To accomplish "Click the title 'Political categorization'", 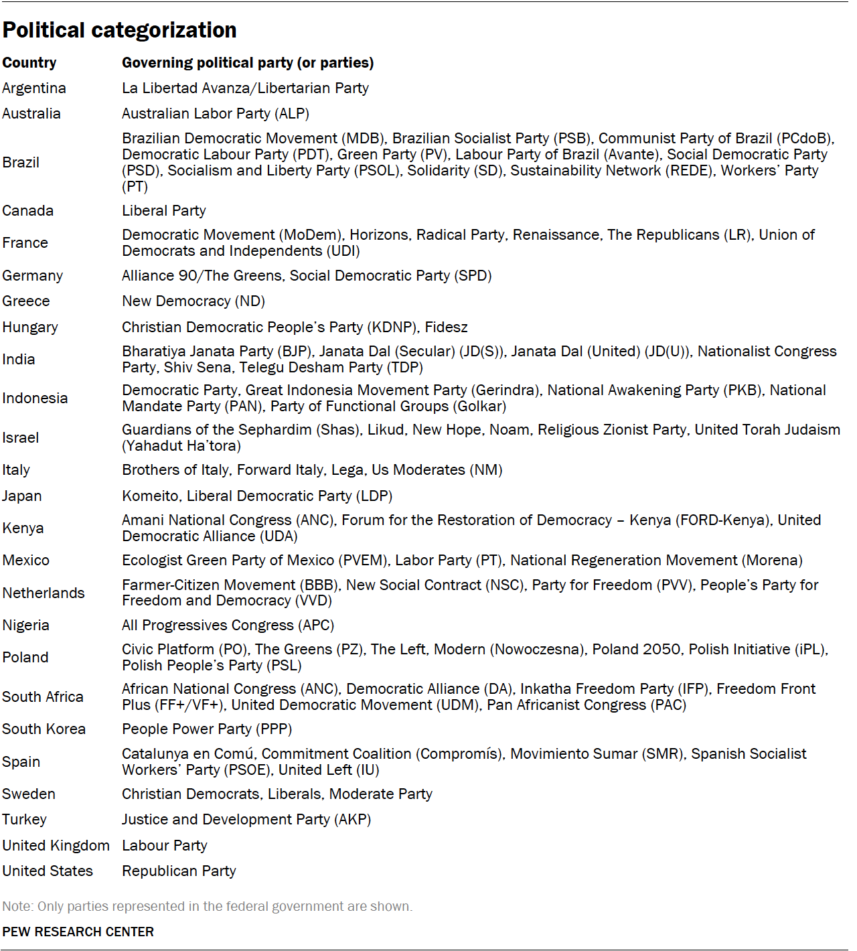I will (x=119, y=30).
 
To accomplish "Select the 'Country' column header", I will (x=29, y=63).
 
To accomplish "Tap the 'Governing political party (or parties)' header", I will (x=248, y=63).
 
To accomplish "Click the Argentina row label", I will (x=34, y=88).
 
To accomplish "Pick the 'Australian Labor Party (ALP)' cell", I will (x=216, y=114).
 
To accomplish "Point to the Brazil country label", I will (x=21, y=163).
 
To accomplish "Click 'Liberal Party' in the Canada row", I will (x=164, y=211).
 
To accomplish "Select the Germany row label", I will (x=32, y=276).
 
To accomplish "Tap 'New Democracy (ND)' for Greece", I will (x=193, y=301).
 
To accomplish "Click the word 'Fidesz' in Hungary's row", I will (x=446, y=327).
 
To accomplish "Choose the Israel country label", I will (x=21, y=438).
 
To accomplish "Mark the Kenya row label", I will (x=23, y=528).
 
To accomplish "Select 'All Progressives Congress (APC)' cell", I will (x=228, y=626).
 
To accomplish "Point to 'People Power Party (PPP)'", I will (x=207, y=729).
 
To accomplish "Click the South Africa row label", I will (x=43, y=697).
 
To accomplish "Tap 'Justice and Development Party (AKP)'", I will (x=246, y=820).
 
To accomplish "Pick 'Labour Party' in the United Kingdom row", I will (x=165, y=846).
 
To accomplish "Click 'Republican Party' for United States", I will (x=179, y=871).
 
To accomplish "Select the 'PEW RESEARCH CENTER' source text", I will (x=78, y=932).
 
